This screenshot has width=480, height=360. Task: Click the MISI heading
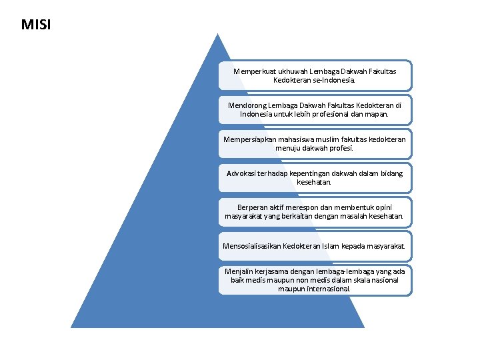tap(35, 25)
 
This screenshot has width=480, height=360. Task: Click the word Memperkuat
tap(254, 70)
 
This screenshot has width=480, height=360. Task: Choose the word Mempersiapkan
tap(248, 139)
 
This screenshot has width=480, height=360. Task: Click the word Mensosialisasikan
tap(251, 247)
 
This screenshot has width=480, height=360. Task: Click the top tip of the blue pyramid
tap(217, 35)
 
